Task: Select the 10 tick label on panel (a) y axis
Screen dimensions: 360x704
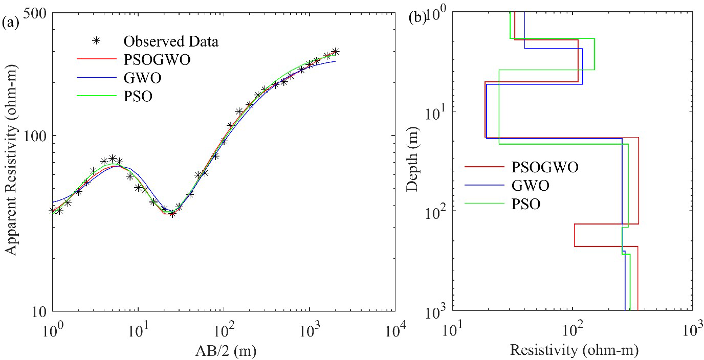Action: point(38,310)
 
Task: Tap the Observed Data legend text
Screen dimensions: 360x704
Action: point(170,41)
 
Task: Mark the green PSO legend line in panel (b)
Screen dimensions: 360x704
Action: point(483,204)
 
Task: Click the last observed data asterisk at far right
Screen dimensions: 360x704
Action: point(335,52)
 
